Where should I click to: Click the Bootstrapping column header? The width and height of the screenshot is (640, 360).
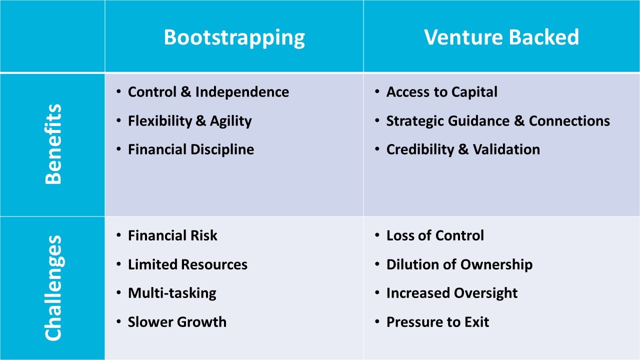pos(234,37)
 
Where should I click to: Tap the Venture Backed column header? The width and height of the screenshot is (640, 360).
pos(501,37)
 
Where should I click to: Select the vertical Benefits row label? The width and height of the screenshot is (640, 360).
pos(53,144)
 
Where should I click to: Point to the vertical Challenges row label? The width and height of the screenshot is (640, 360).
pos(53,288)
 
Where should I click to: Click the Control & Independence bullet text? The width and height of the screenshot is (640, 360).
pos(208,92)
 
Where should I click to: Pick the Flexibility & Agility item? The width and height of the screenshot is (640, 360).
pos(189,121)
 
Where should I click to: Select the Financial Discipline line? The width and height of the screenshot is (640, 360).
pos(190,149)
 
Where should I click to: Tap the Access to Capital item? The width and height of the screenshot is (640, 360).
pos(441,92)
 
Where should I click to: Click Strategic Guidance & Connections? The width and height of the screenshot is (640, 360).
pos(498,121)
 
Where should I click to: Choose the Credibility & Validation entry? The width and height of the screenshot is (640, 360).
pos(463,149)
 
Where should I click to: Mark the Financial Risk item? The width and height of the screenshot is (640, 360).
pos(172,235)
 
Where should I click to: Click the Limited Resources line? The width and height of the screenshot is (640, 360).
pos(187,264)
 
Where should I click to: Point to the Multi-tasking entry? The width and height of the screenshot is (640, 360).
pos(172,293)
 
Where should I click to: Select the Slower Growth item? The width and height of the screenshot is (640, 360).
pos(177,322)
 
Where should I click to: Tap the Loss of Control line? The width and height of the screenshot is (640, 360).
pos(435,235)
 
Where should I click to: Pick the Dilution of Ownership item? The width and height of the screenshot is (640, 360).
pos(459,264)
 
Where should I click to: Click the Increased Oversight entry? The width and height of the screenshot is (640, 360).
pos(451,293)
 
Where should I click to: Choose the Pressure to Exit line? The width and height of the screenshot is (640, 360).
pos(437,322)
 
